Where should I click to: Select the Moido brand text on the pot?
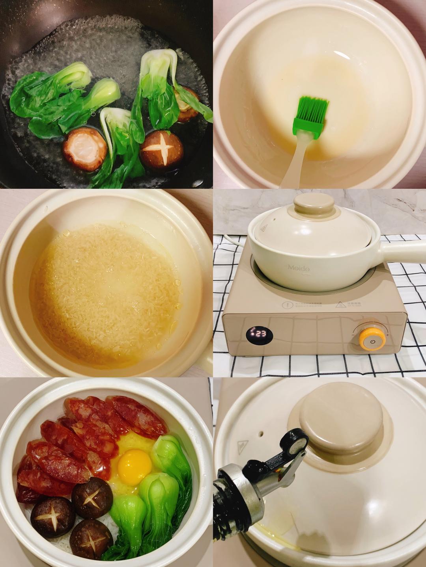click(299, 268)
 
